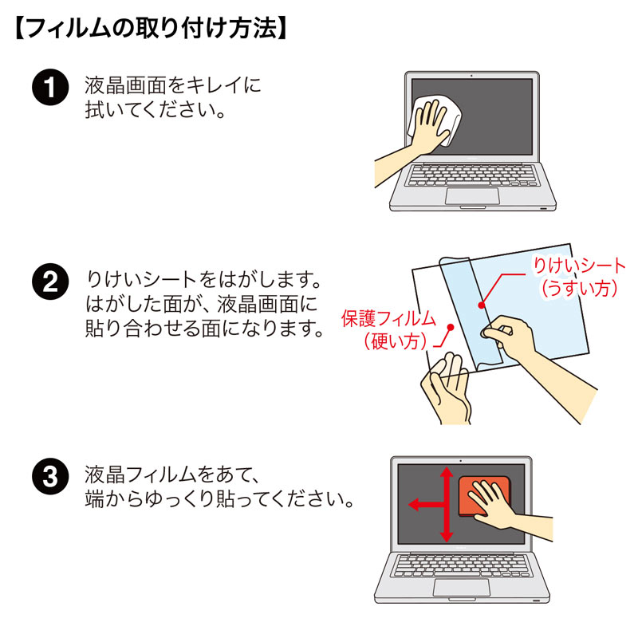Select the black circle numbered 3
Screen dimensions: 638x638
49,478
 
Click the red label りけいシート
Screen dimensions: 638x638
580,266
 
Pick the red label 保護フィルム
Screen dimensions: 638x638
388,319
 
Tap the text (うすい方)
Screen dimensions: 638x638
580,289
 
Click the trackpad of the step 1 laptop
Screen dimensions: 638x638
473,197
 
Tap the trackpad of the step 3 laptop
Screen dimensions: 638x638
462,587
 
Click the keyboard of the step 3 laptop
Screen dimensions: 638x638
463,565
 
